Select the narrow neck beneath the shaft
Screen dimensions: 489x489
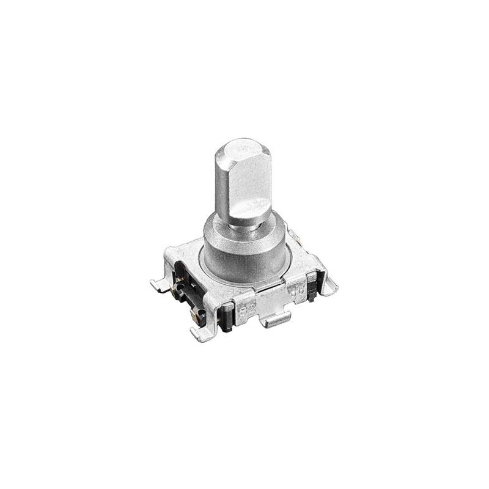[244, 224]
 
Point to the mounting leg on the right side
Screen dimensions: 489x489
[326, 281]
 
